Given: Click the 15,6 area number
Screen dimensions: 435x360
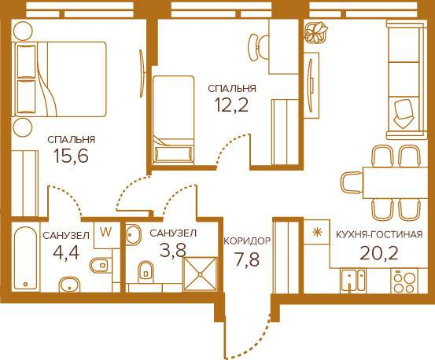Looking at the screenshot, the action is [x=71, y=156].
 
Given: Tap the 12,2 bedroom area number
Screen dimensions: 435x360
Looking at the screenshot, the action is [x=231, y=105].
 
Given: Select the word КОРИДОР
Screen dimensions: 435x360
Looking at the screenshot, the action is [x=247, y=241].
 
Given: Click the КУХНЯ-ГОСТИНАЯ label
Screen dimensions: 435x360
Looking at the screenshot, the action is [x=379, y=234].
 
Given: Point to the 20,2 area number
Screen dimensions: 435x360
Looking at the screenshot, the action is [x=379, y=252].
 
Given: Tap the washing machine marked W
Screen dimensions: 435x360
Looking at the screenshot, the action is [x=105, y=234].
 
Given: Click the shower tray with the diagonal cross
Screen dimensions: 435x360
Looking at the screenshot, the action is [x=200, y=274].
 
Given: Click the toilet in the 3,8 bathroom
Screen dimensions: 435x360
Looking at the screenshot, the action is [x=146, y=270].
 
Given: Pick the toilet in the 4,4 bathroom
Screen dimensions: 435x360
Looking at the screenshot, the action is [x=99, y=266].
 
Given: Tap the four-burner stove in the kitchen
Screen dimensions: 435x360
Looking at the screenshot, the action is [x=404, y=281].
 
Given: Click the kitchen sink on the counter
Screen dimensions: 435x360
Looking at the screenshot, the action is [x=353, y=280].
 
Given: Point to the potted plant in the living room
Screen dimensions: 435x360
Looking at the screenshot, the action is [x=316, y=32].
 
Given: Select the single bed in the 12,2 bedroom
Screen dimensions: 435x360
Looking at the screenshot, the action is [x=173, y=119].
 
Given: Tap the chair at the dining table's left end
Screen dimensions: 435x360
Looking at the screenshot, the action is [x=351, y=183].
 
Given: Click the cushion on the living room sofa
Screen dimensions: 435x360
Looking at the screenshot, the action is [x=402, y=114].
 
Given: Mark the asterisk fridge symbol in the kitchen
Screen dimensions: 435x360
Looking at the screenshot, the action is [x=315, y=232].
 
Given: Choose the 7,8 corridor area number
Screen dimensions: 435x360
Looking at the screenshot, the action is [x=247, y=259].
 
